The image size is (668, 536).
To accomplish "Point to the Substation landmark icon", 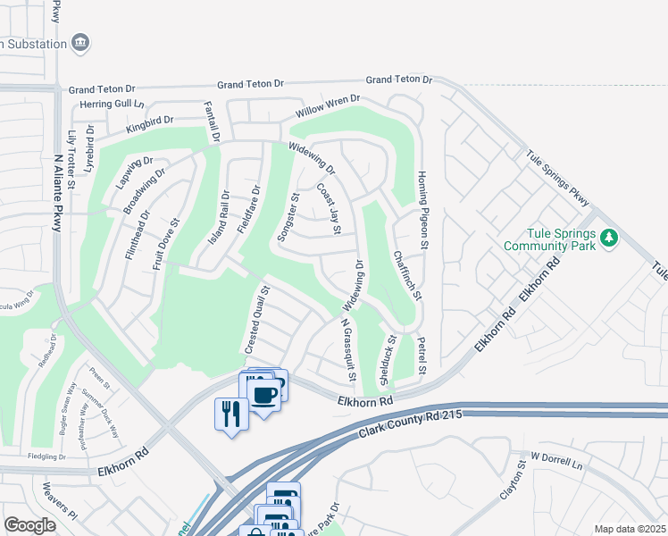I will [x=80, y=42].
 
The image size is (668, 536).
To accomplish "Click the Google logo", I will [x=29, y=525].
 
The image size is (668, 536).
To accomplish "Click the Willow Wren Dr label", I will [x=328, y=107].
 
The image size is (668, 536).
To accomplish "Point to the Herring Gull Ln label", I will [x=99, y=105].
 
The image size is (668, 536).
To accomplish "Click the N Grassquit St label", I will [x=347, y=351].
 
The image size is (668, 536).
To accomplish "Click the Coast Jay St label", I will [x=330, y=209].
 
